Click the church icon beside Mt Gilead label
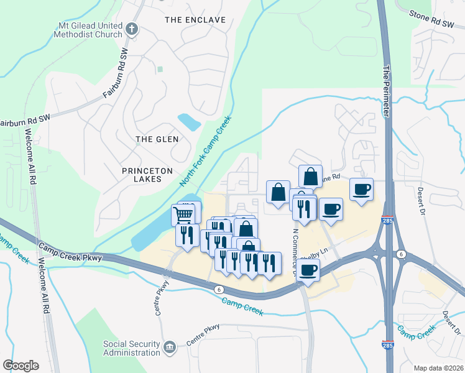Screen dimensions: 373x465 pos(131,28)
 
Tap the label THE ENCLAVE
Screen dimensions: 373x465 pos(195,20)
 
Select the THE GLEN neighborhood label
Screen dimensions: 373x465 pos(157,139)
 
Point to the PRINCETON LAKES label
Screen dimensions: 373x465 pos(133,173)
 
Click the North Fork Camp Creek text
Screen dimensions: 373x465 pos(205,152)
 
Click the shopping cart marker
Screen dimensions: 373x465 pos(183,215)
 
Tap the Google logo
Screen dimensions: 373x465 pos(21,366)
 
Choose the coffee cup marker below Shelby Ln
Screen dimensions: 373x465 pos(307,270)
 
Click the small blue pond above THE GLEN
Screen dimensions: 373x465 pos(189,121)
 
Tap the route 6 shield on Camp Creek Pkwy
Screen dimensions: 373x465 pos(219,290)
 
